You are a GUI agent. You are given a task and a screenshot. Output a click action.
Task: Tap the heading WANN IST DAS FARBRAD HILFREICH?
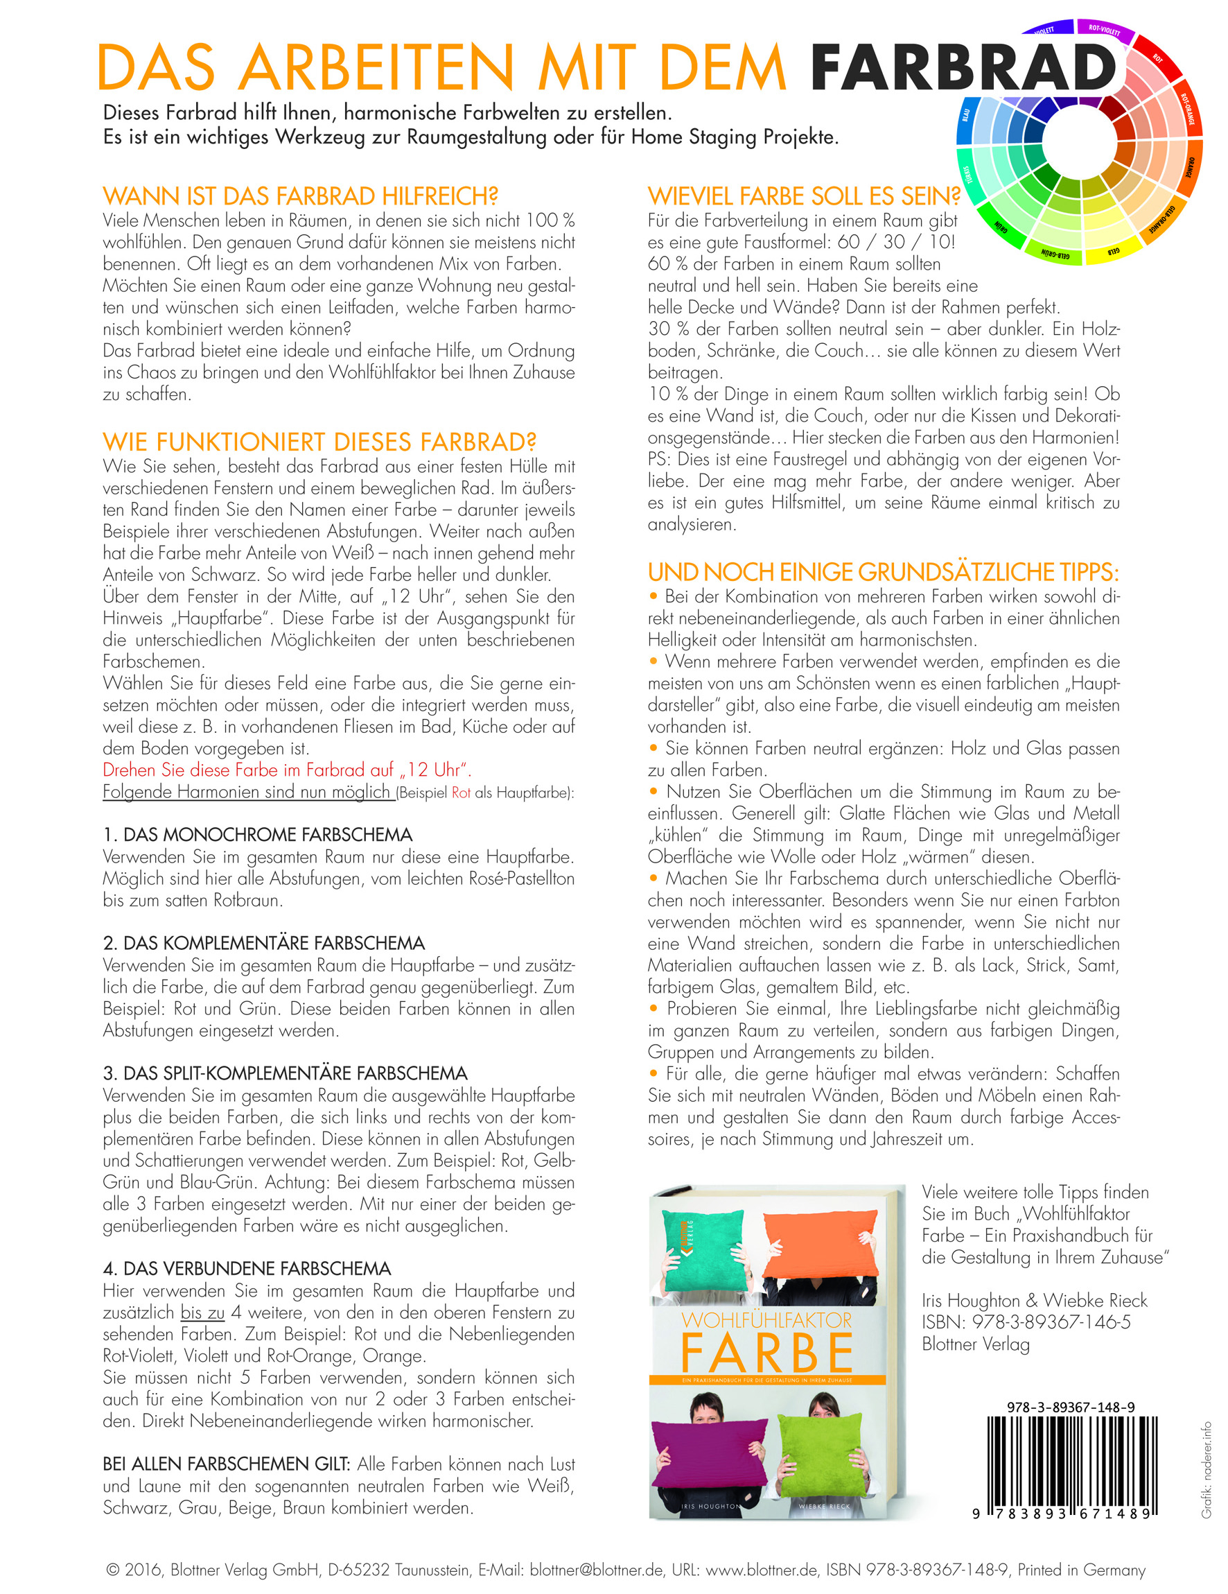[300, 196]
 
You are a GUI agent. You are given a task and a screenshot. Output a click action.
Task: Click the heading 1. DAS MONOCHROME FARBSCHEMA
[258, 834]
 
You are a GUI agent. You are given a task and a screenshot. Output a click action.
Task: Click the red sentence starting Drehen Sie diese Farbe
[287, 770]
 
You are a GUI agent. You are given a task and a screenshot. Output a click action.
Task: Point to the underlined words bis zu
[203, 1313]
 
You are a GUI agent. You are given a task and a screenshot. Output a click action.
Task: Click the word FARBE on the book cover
[766, 1354]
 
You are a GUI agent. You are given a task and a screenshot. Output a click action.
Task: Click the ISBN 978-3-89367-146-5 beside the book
[1026, 1322]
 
